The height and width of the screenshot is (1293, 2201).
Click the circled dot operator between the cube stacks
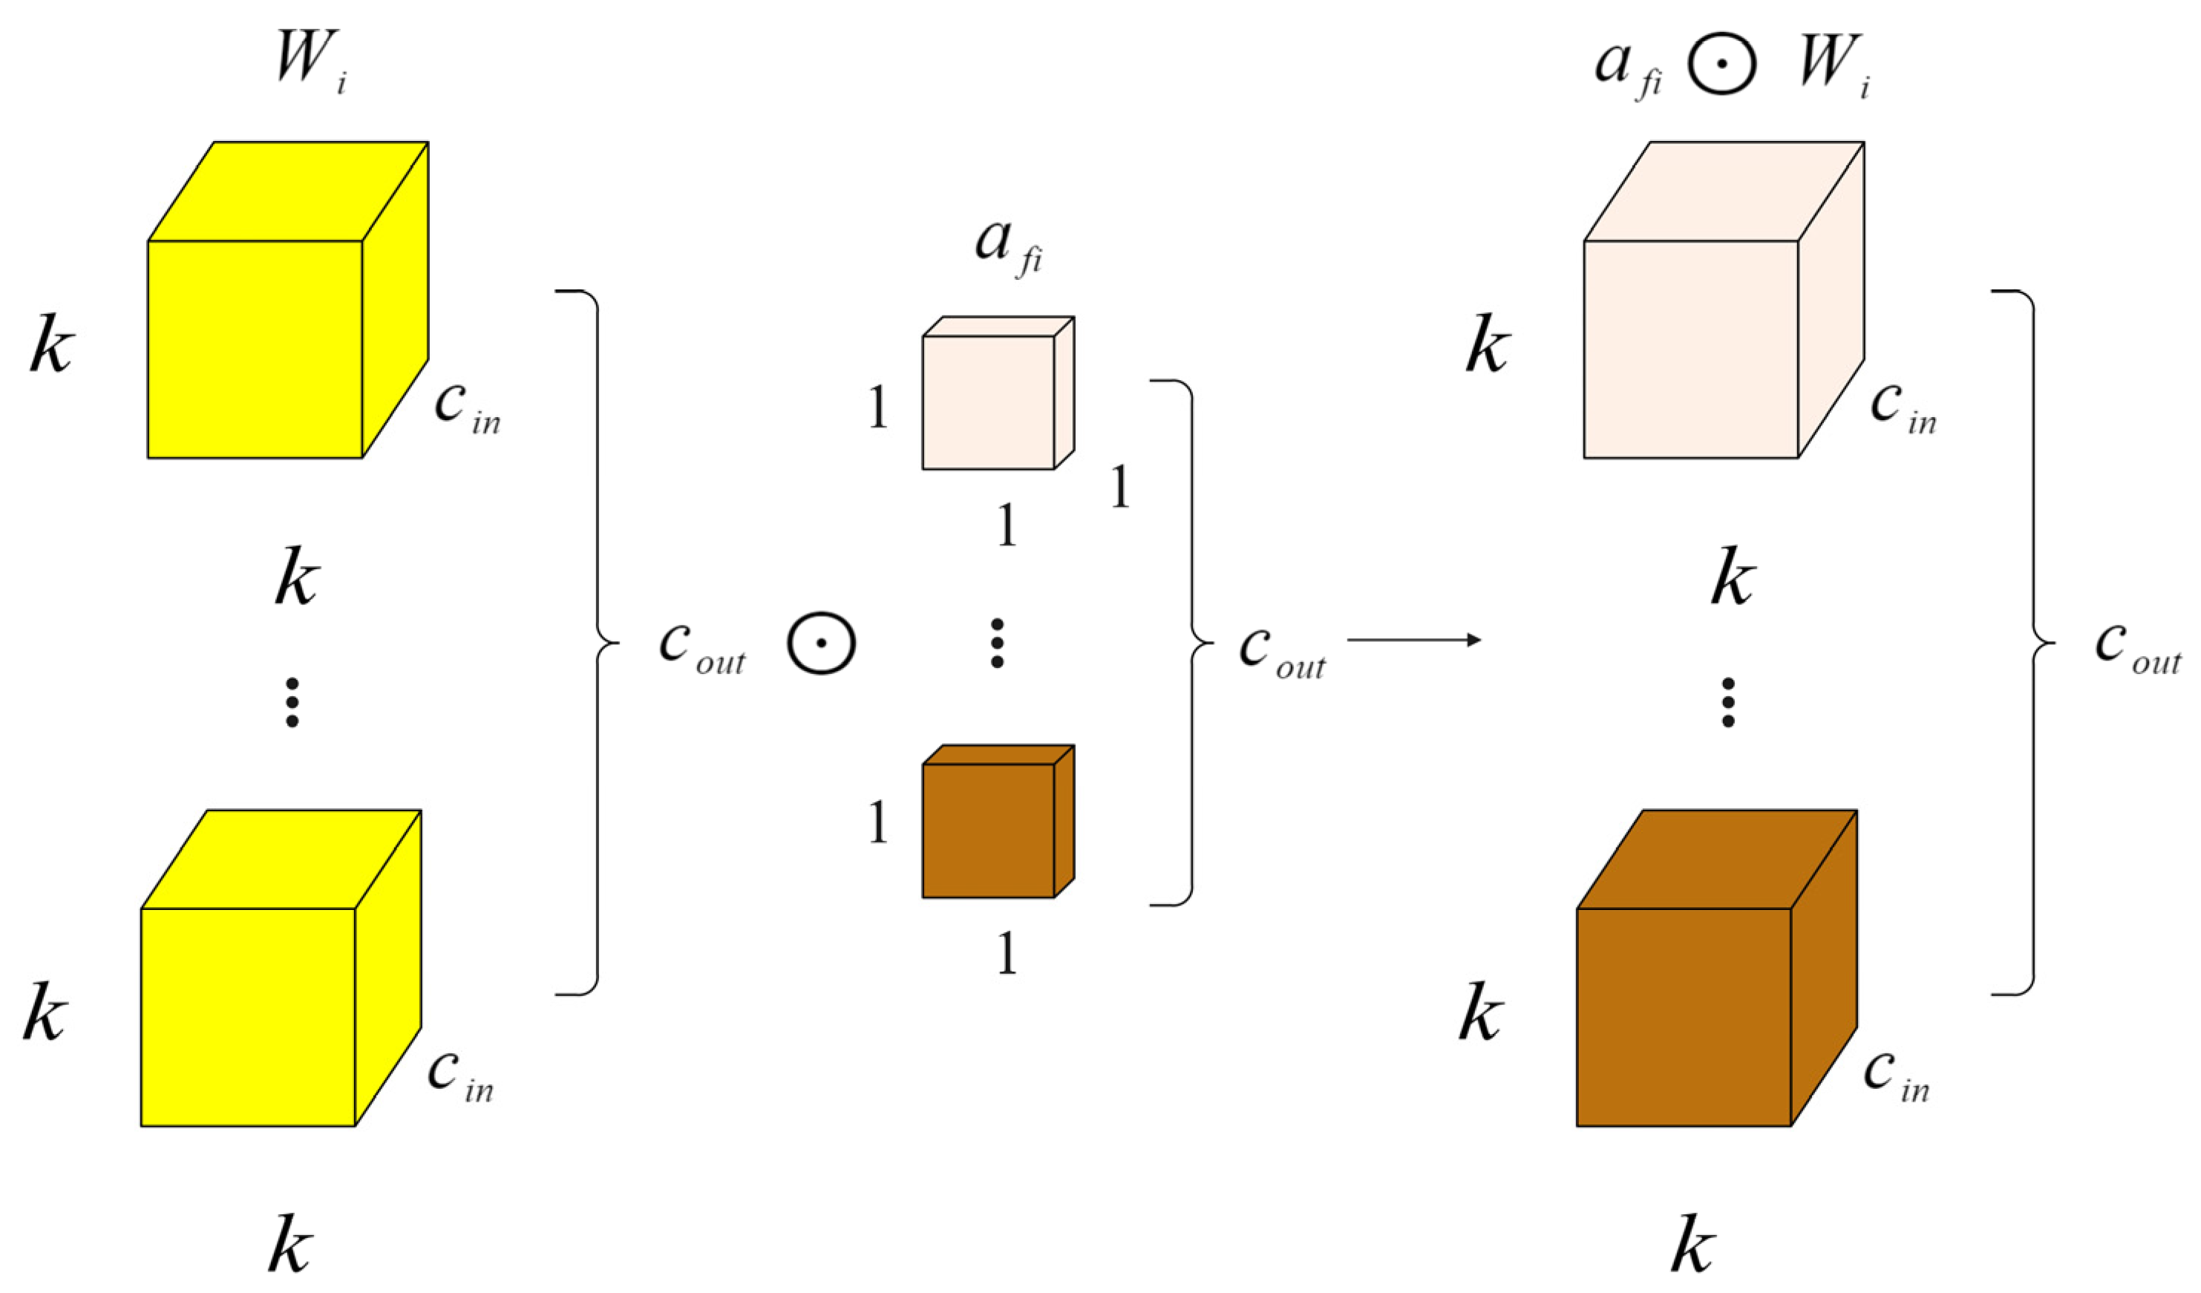coord(821,644)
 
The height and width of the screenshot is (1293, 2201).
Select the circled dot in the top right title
coord(1721,63)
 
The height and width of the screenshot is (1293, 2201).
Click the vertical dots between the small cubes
coord(996,644)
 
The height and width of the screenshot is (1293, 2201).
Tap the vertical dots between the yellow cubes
coord(292,702)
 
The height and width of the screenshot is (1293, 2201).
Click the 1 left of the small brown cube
coord(877,822)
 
